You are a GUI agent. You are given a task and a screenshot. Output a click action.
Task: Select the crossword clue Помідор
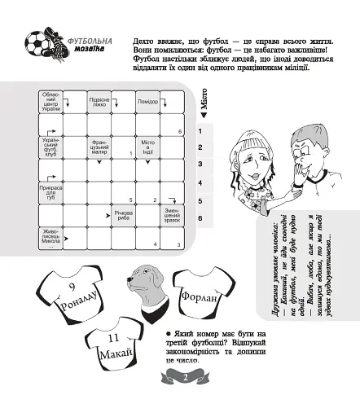[x=147, y=102]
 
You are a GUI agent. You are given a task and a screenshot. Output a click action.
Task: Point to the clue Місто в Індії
[x=147, y=147]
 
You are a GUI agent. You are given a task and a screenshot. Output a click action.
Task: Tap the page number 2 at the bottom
[x=185, y=376]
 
